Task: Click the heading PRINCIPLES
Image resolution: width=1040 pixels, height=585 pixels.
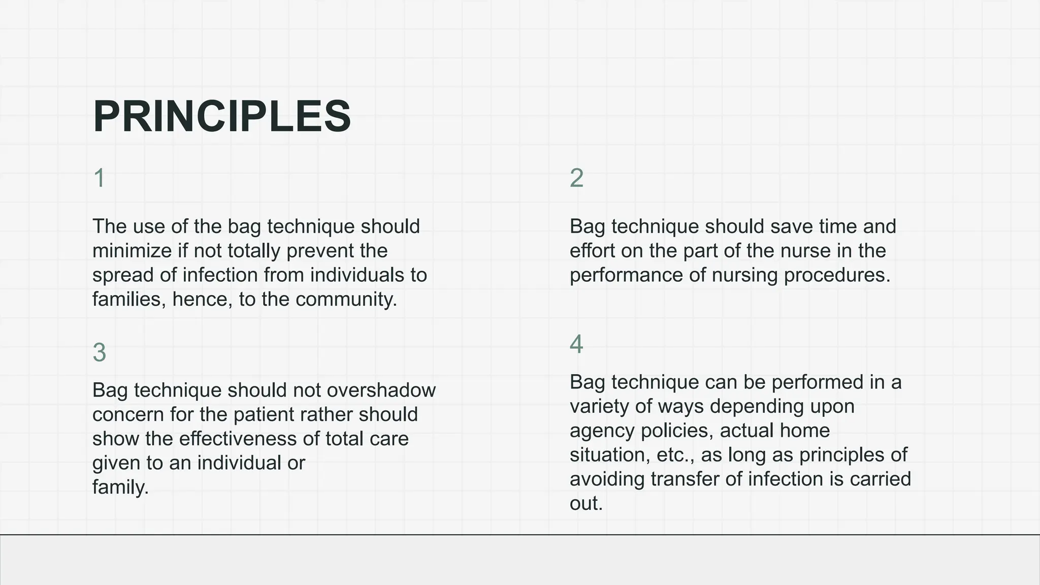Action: pyautogui.click(x=222, y=117)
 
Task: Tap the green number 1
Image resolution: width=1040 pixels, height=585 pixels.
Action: pyautogui.click(x=99, y=178)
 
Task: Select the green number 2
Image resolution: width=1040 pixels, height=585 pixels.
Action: pyautogui.click(x=576, y=178)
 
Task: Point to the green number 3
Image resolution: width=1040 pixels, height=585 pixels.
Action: pyautogui.click(x=99, y=352)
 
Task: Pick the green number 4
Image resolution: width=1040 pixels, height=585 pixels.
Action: pyautogui.click(x=576, y=344)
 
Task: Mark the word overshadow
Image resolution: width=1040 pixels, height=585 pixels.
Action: pyautogui.click(x=381, y=391)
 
